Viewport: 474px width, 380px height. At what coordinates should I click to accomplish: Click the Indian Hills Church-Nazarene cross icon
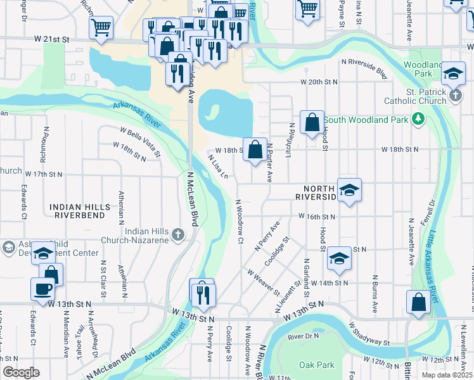coord(178,235)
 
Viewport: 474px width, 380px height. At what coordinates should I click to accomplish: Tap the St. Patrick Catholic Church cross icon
coord(455,96)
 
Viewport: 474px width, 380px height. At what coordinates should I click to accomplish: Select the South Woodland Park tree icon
coord(418,119)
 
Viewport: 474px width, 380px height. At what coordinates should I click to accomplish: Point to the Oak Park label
coord(316,365)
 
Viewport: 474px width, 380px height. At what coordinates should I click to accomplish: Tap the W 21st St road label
coord(52,39)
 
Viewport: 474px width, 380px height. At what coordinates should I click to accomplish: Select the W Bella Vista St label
coord(140,139)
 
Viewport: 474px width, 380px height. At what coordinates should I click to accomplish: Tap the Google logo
coord(21,372)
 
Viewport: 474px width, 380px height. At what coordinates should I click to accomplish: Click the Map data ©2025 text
coord(447,374)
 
